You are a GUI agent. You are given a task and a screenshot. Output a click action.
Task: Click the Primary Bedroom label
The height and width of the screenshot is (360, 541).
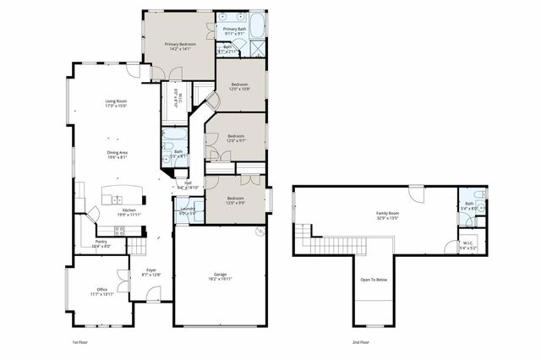pyautogui.click(x=179, y=44)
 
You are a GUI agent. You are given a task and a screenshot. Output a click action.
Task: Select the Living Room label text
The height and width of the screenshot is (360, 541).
pyautogui.click(x=116, y=102)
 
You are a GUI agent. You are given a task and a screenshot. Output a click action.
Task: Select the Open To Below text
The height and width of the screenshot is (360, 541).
pyautogui.click(x=373, y=279)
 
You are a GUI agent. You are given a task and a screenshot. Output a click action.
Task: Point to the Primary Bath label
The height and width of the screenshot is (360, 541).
pyautogui.click(x=234, y=29)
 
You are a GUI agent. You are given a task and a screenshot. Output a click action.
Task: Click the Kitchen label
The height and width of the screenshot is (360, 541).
pyautogui.click(x=128, y=210)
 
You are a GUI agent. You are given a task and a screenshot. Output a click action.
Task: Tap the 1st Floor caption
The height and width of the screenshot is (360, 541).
pyautogui.click(x=81, y=342)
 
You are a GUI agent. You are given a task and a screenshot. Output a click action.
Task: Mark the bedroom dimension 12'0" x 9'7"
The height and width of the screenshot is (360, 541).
pyautogui.click(x=235, y=139)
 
